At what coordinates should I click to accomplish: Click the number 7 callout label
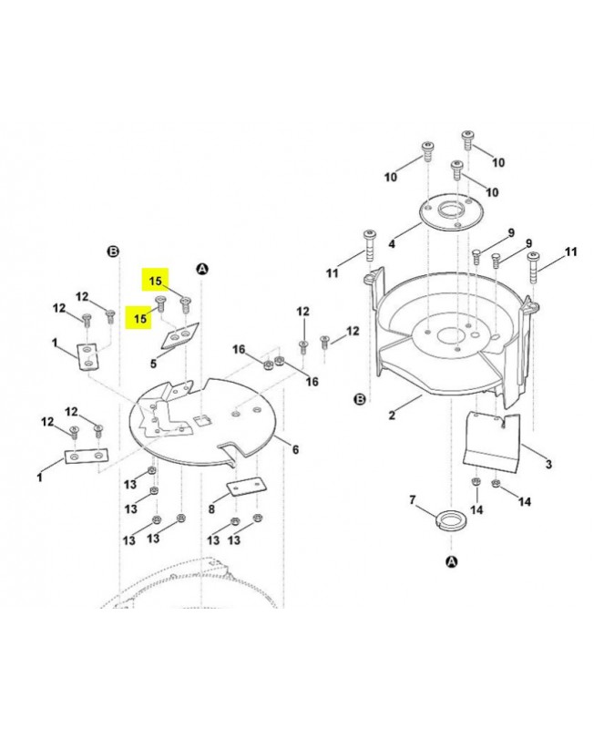[413, 500]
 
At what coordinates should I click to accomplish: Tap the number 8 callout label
[211, 509]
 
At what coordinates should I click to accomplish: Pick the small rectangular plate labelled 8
[246, 487]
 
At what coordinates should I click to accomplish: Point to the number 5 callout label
[153, 364]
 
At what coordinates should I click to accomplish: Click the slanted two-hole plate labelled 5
[179, 335]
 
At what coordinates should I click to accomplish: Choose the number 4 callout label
[392, 243]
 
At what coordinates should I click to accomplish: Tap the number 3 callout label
[549, 464]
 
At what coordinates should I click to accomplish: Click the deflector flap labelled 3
[492, 442]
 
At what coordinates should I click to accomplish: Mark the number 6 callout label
[295, 449]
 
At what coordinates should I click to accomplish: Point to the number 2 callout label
[392, 415]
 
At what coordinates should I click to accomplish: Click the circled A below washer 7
[451, 561]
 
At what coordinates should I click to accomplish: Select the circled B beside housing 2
[360, 399]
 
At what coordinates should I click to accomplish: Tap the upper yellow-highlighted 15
[155, 281]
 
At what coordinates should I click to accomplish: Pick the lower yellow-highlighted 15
[139, 318]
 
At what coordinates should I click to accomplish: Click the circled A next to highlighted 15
[202, 269]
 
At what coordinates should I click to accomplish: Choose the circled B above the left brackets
[113, 252]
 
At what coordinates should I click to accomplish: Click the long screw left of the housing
[370, 246]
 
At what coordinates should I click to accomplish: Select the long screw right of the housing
[533, 267]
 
